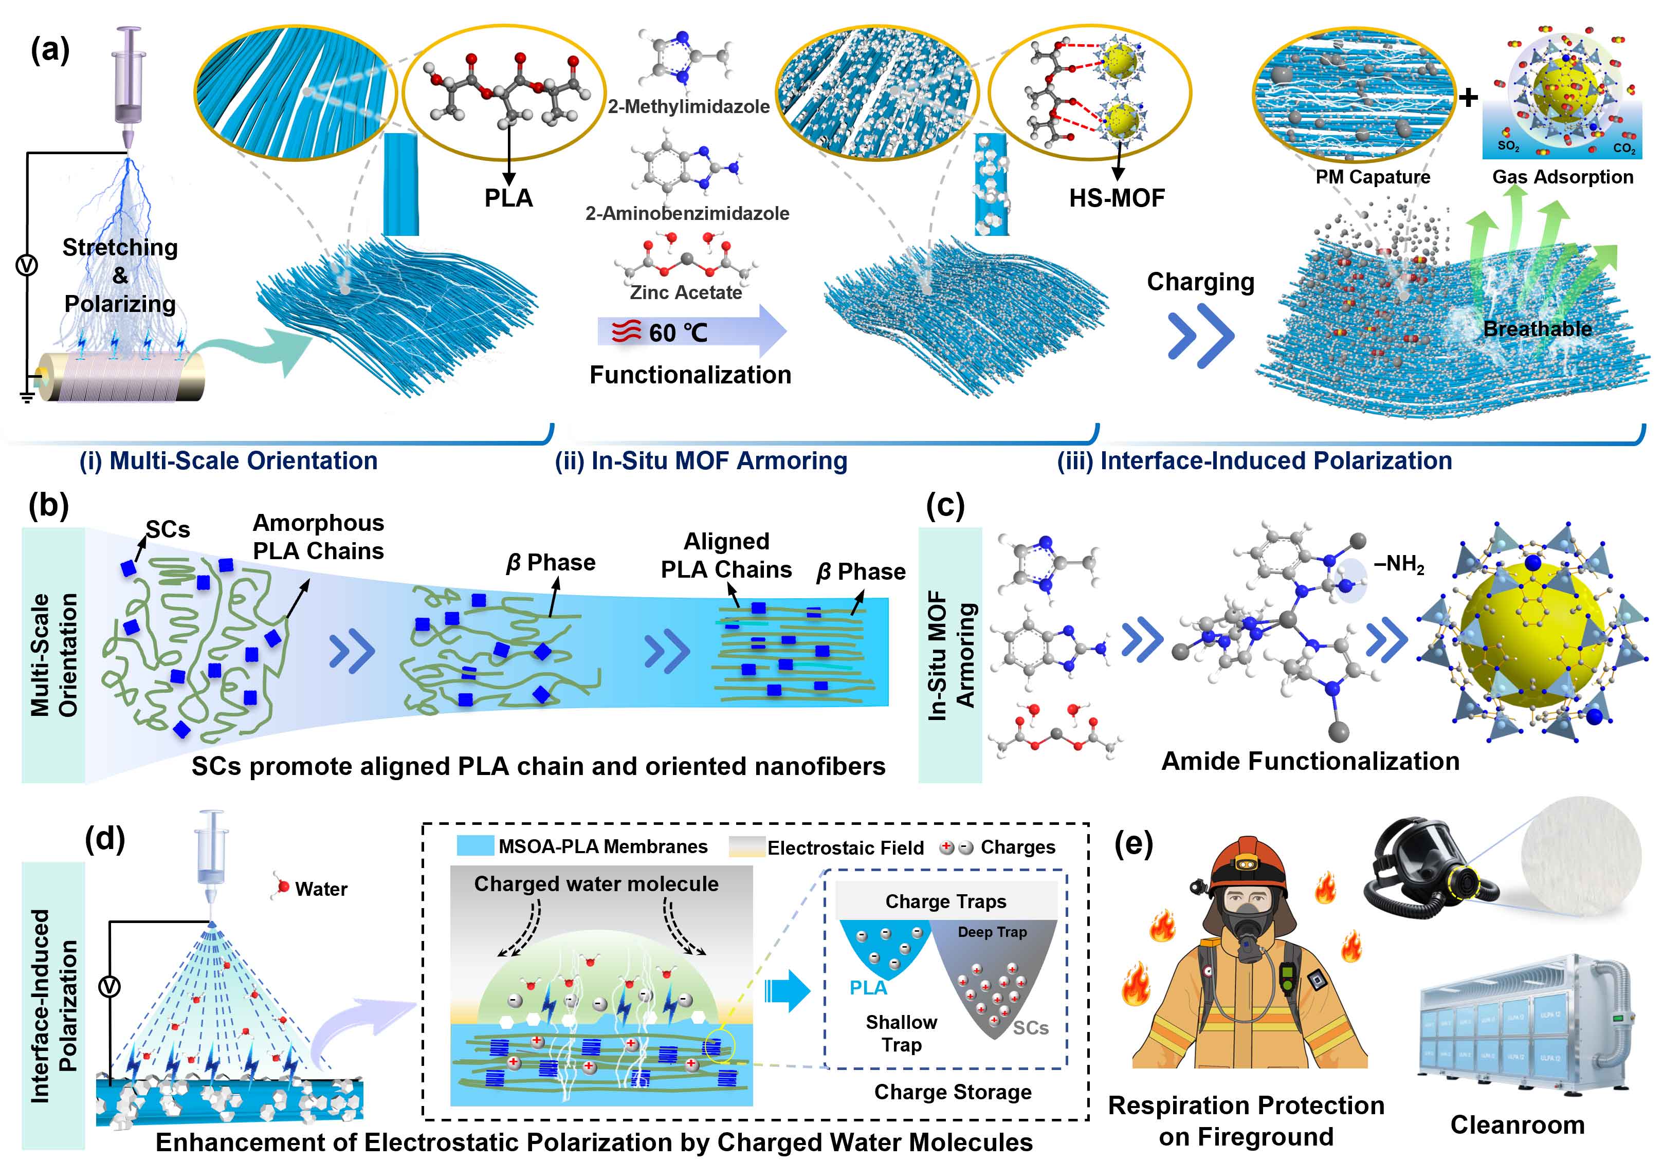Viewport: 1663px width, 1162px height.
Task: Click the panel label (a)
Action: pyautogui.click(x=49, y=51)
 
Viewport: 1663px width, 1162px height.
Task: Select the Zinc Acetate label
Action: pyautogui.click(x=685, y=292)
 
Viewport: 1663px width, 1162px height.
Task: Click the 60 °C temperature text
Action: pyautogui.click(x=678, y=333)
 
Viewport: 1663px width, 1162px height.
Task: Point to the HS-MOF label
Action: pyautogui.click(x=1117, y=198)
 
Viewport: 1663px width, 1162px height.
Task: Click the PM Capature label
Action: pyautogui.click(x=1373, y=177)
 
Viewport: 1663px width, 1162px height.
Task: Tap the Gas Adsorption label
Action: pyautogui.click(x=1562, y=177)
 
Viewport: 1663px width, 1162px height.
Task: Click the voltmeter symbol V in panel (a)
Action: pyautogui.click(x=27, y=266)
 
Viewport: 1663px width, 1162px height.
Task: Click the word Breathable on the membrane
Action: pyautogui.click(x=1537, y=329)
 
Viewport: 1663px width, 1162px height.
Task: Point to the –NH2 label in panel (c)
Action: pyautogui.click(x=1399, y=564)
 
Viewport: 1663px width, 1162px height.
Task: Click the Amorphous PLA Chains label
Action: pyautogui.click(x=318, y=537)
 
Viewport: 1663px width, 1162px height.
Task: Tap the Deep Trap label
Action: pyautogui.click(x=992, y=932)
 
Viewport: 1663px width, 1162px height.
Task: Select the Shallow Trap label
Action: pyautogui.click(x=901, y=1033)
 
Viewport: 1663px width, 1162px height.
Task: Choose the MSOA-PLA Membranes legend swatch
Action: pyautogui.click(x=475, y=846)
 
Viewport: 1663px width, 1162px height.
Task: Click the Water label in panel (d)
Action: pyautogui.click(x=321, y=889)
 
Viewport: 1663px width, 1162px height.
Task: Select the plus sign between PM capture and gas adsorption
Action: pyautogui.click(x=1468, y=97)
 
